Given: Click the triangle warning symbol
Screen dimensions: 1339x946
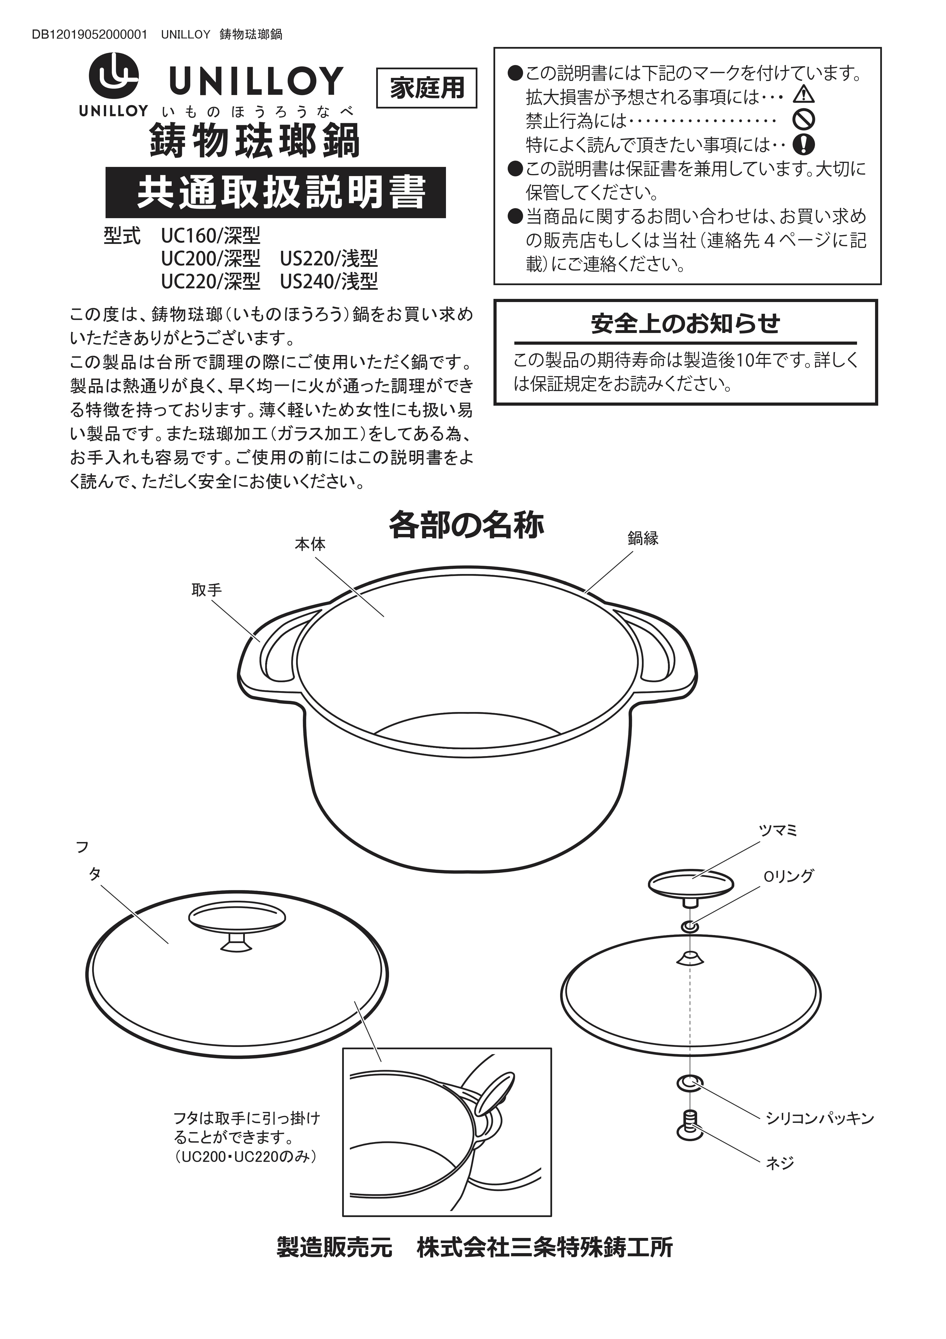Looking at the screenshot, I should pos(803,94).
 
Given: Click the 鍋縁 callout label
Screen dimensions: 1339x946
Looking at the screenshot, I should pos(643,538).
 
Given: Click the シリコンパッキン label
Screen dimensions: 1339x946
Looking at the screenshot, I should pos(820,1118).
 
